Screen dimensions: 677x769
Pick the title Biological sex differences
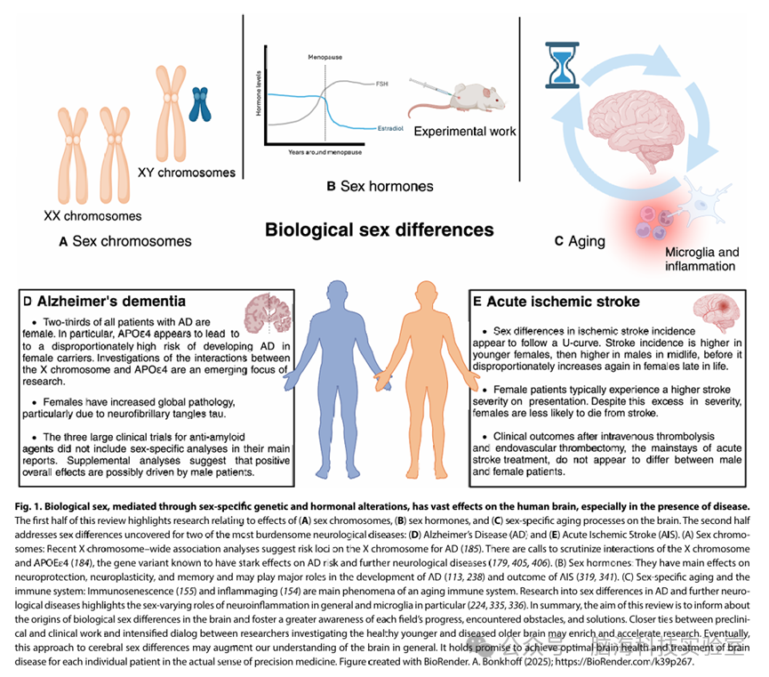(x=379, y=230)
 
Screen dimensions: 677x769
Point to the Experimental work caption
(x=465, y=131)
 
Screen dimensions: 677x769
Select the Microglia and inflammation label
(x=701, y=259)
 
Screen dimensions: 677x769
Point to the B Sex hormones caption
(x=379, y=186)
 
